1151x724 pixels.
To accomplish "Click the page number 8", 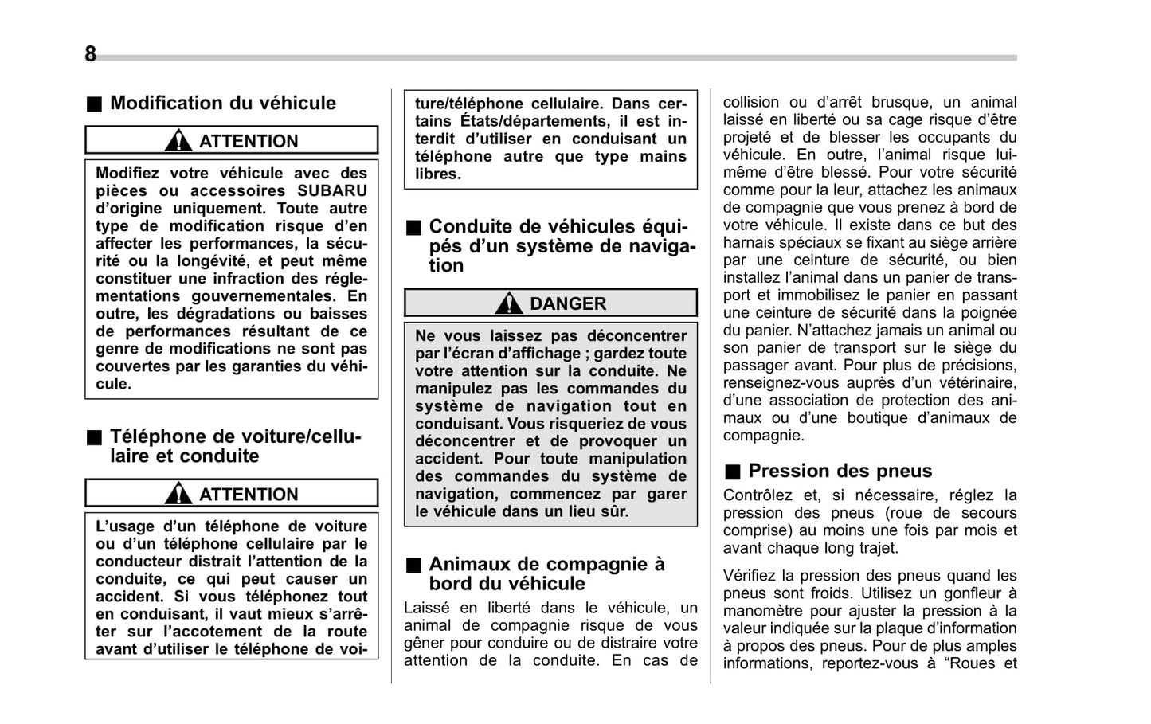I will [x=90, y=54].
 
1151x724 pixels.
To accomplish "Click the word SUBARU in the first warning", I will [x=332, y=190].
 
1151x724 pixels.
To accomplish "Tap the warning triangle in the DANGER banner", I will [x=508, y=303].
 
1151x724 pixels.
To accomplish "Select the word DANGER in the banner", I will [x=568, y=303].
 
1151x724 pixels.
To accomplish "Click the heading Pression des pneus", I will [x=840, y=471].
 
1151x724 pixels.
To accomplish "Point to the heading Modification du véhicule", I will [x=222, y=103].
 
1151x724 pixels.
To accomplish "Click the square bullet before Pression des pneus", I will [x=732, y=472].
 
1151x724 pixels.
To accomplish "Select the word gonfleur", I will [x=968, y=593].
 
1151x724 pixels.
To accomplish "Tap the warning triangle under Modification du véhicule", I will [x=178, y=141].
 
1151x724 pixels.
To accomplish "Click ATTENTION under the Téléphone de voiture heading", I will [x=248, y=494].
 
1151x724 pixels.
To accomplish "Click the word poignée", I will [x=988, y=313].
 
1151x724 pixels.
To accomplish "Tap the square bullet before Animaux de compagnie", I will [x=413, y=565].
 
